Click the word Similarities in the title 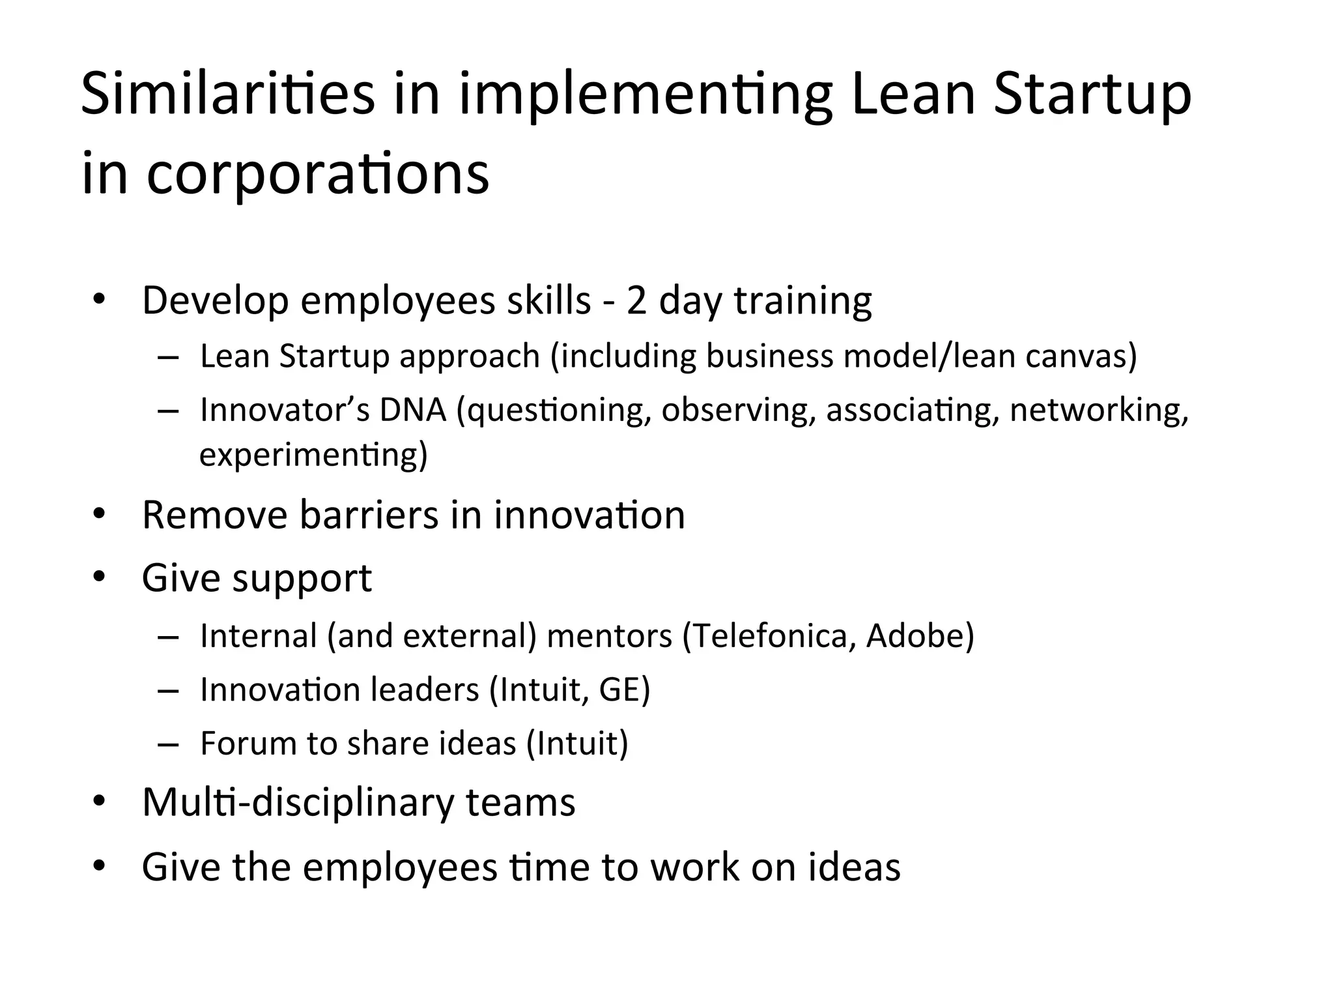(227, 94)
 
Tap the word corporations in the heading (317, 174)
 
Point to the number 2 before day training (636, 301)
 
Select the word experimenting (313, 454)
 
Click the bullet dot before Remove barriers (99, 514)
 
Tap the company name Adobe (919, 635)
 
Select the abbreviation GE (623, 689)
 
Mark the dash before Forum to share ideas (168, 744)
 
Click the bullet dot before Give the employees (99, 866)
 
